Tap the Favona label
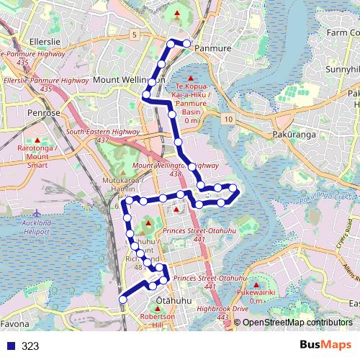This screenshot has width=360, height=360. [15, 325]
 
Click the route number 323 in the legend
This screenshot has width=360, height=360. [30, 346]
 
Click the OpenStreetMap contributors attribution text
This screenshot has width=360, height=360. [297, 323]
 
